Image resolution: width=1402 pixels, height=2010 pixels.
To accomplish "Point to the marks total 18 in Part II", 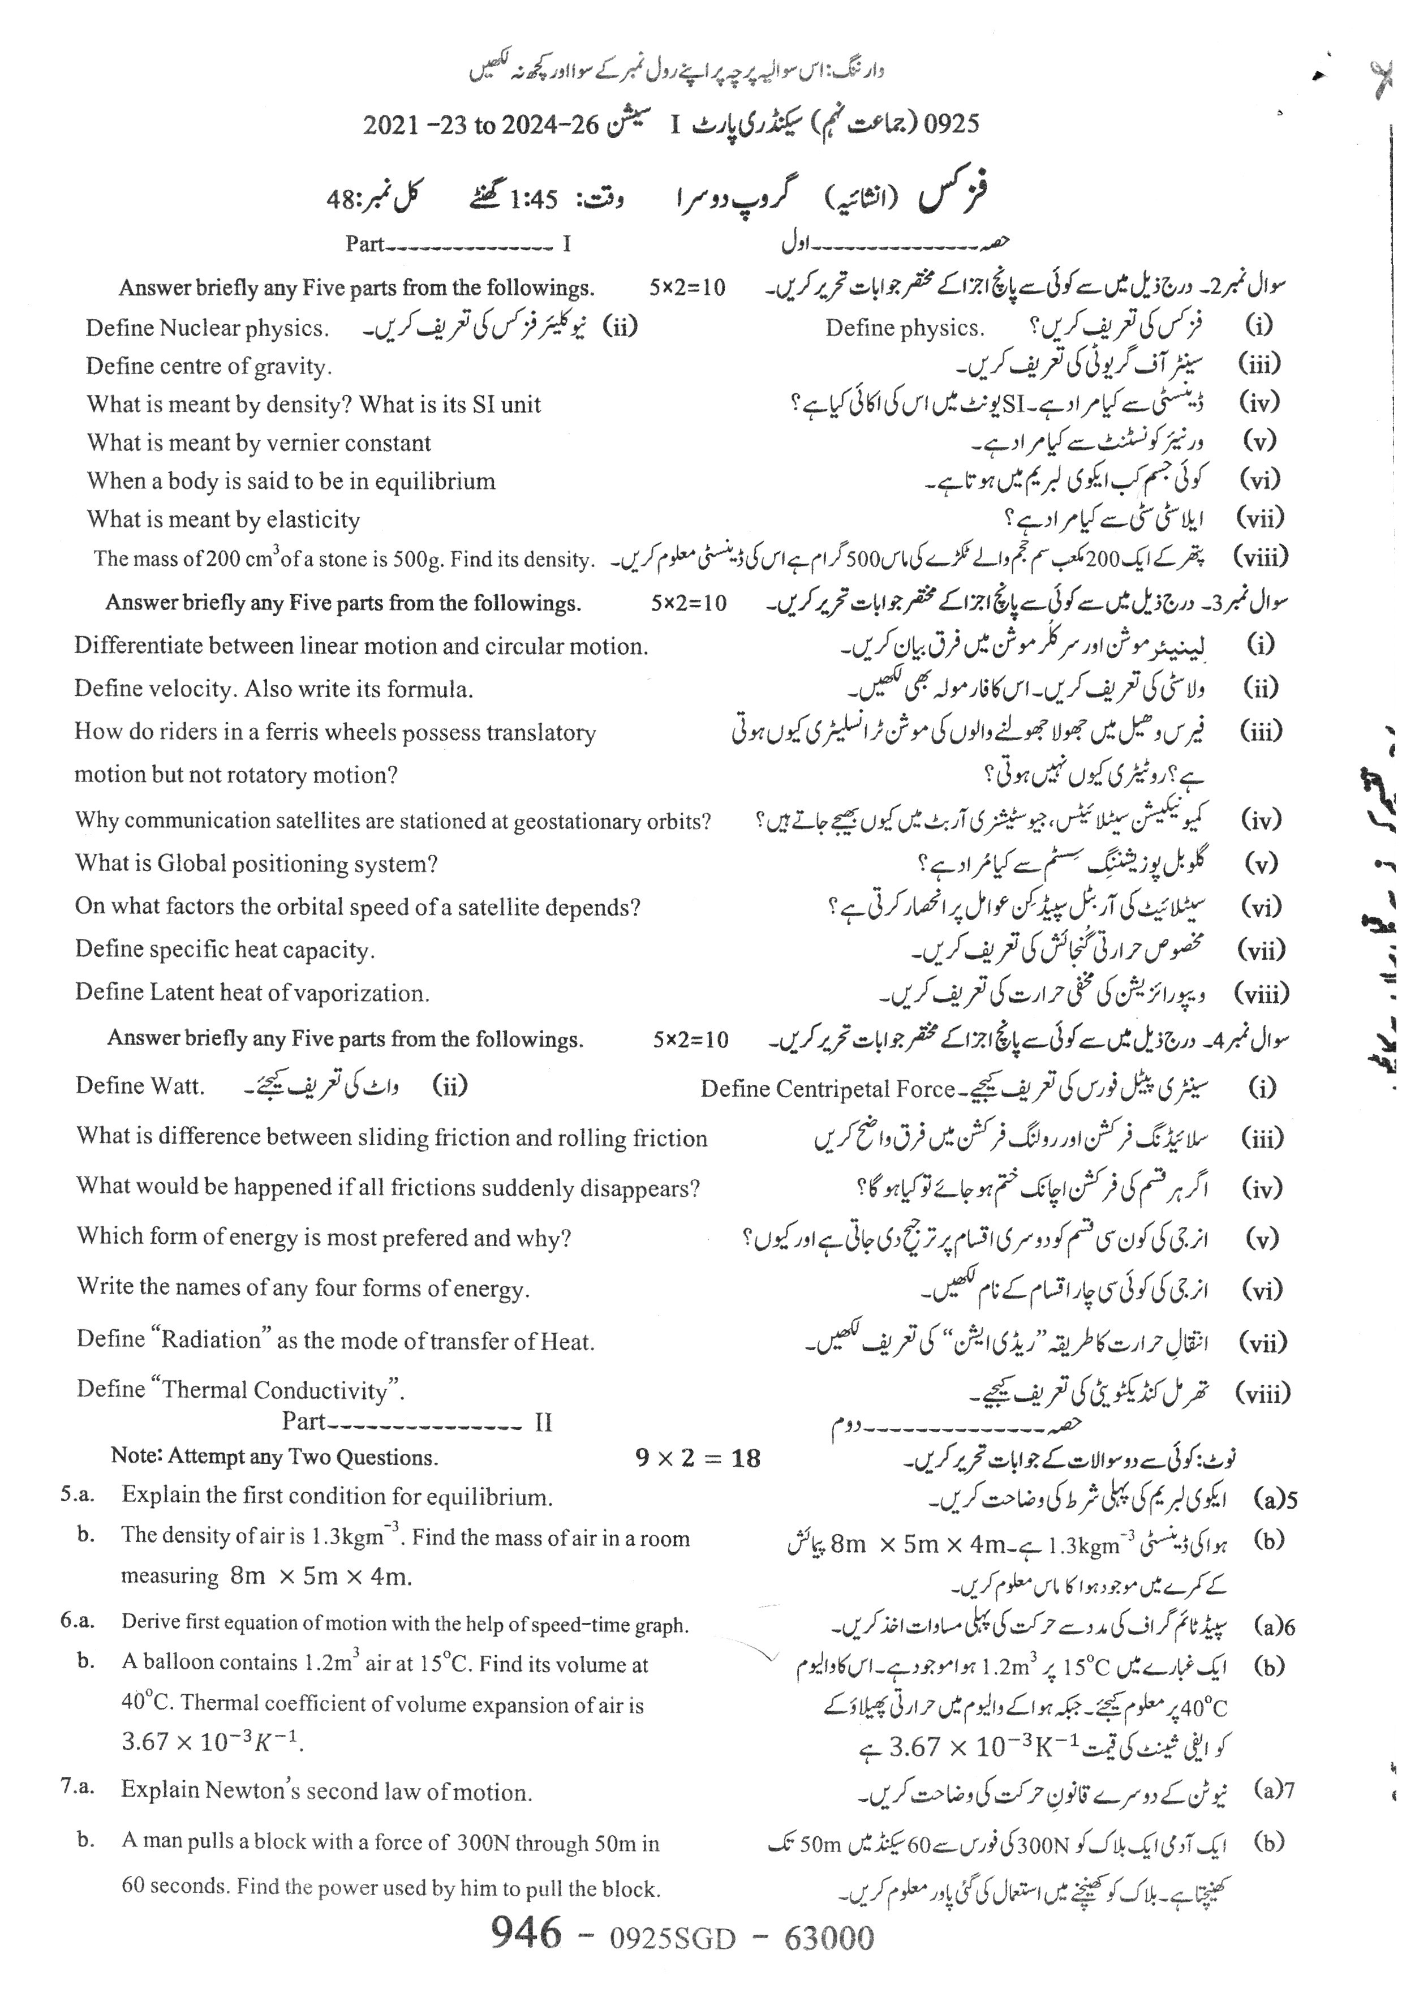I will [746, 1458].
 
